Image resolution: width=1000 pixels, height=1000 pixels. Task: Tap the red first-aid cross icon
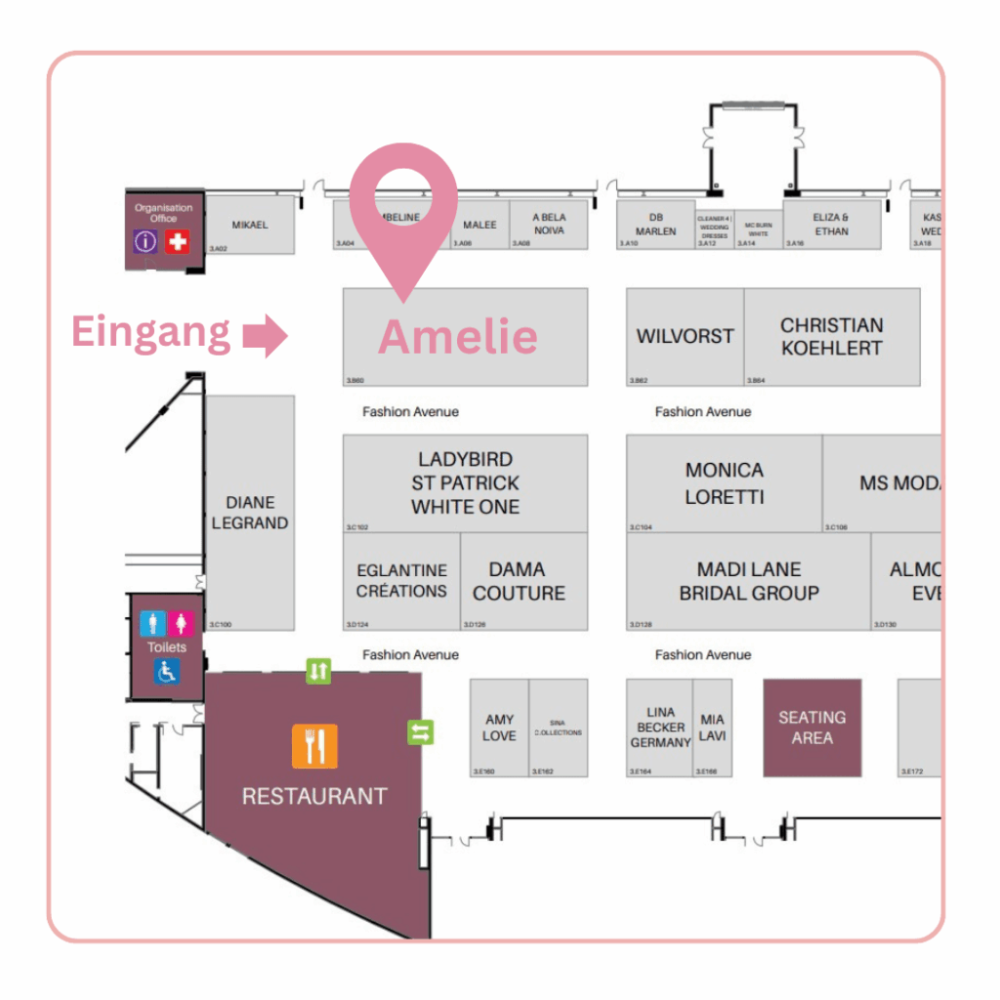coord(177,241)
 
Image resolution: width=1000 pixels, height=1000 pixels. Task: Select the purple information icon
coord(146,241)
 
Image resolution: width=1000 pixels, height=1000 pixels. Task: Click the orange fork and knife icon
coord(314,746)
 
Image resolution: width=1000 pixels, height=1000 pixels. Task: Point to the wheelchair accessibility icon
coord(167,672)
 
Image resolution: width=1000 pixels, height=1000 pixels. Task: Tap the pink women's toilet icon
coord(182,623)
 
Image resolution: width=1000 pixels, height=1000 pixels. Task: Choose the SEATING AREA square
coord(812,728)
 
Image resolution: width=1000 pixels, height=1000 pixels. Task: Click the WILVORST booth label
coord(685,336)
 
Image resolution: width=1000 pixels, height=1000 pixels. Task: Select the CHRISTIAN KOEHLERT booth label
coord(831,336)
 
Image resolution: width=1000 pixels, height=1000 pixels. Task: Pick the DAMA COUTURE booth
coord(519,581)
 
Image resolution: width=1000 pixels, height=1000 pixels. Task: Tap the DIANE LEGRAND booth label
coord(250,513)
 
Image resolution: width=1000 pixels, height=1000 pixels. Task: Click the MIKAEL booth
coord(249,225)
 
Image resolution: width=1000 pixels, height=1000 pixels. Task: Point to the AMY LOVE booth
coord(499,728)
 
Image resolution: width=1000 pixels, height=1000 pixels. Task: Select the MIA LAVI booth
coord(712,728)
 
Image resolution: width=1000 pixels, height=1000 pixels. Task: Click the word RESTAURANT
coord(314,796)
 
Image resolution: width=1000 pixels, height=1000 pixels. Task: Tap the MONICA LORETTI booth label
coord(724,483)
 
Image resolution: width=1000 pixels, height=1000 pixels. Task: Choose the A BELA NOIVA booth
coord(550,224)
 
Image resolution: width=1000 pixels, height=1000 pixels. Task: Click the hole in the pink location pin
coord(402,185)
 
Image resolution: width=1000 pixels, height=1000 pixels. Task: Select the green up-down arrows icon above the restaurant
coord(318,671)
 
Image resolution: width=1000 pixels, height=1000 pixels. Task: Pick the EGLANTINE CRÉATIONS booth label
coord(401,581)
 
